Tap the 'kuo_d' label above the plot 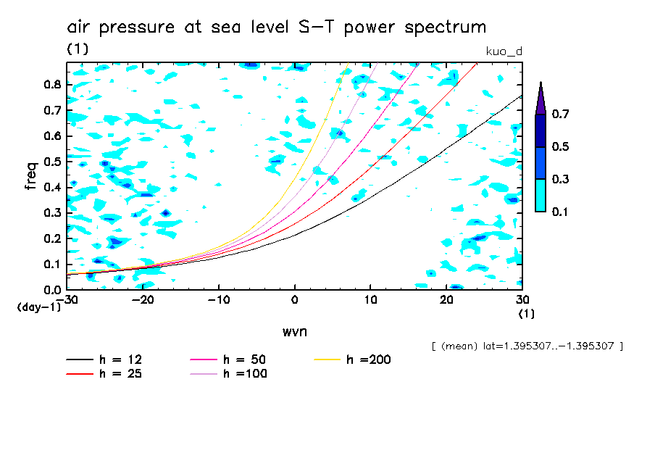point(504,51)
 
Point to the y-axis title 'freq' point(30,176)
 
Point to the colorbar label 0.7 point(560,114)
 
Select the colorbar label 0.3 point(560,179)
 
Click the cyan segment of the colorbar point(540,195)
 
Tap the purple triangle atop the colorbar point(540,98)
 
